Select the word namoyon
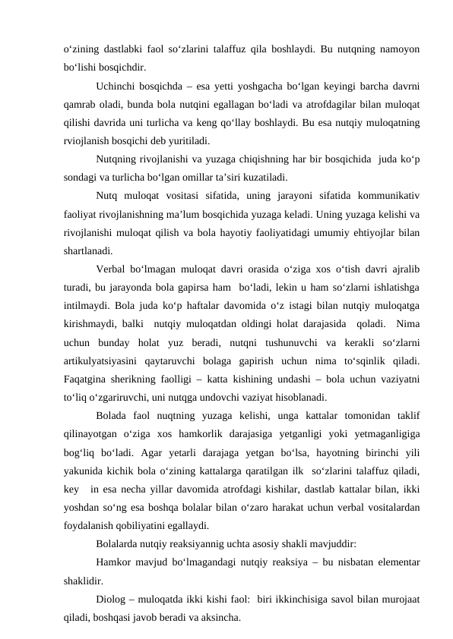[x=397, y=49]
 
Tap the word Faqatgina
[x=88, y=379]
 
